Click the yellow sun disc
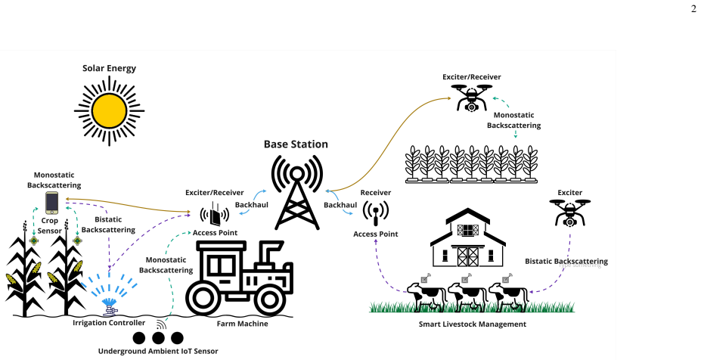[x=109, y=110]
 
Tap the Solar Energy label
[x=109, y=68]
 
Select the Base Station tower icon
[x=297, y=192]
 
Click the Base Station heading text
[x=296, y=144]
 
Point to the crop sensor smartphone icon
[x=52, y=203]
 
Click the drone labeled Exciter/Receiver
[x=472, y=98]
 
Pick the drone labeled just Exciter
[x=569, y=213]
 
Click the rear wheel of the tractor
[x=203, y=297]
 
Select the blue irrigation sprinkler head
[x=110, y=306]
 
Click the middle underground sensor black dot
[x=158, y=338]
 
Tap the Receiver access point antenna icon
[x=376, y=213]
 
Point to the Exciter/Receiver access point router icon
[x=215, y=214]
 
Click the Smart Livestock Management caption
[x=472, y=324]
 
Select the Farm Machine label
[x=242, y=324]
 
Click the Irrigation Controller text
[x=109, y=322]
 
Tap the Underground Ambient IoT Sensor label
[x=158, y=351]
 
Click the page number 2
[x=693, y=8]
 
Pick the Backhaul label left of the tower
[x=252, y=204]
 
